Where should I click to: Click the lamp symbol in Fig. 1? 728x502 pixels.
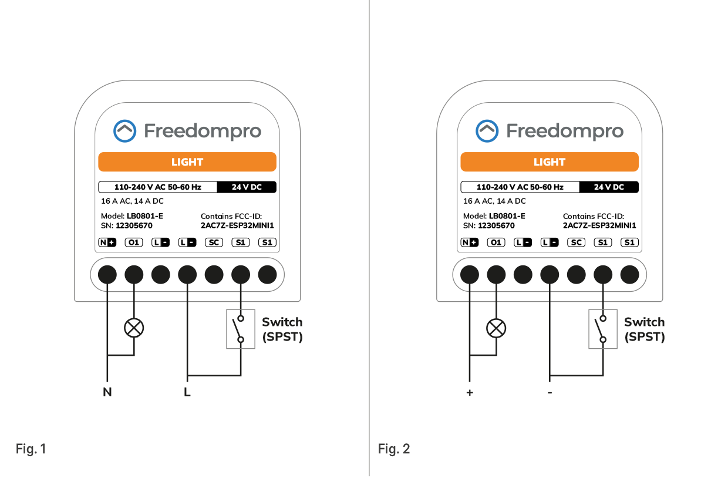(134, 328)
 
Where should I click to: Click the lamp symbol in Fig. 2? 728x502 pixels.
(497, 328)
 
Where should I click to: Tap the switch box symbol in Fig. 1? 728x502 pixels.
(241, 329)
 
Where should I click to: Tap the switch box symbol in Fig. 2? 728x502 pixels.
(603, 329)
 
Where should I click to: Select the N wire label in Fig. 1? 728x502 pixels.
(107, 393)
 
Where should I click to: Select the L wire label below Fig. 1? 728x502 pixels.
(187, 393)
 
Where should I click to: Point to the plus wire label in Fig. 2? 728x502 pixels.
(469, 393)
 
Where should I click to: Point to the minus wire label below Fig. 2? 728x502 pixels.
(550, 393)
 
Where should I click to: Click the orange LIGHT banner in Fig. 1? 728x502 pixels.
(187, 162)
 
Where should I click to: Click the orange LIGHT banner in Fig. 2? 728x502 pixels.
(550, 162)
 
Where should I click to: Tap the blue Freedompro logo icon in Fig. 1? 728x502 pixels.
(124, 132)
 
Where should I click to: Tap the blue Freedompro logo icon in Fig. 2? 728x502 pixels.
(487, 132)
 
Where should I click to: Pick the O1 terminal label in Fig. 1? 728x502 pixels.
(134, 242)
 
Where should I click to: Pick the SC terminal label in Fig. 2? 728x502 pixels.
(576, 242)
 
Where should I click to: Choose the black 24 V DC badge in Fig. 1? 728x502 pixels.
(247, 187)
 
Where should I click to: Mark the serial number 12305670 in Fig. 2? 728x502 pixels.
(496, 225)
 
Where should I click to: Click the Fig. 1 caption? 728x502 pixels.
(31, 449)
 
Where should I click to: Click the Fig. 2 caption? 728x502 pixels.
(393, 449)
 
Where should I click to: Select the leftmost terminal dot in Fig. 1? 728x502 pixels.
(107, 274)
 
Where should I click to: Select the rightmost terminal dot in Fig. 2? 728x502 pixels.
(629, 274)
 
